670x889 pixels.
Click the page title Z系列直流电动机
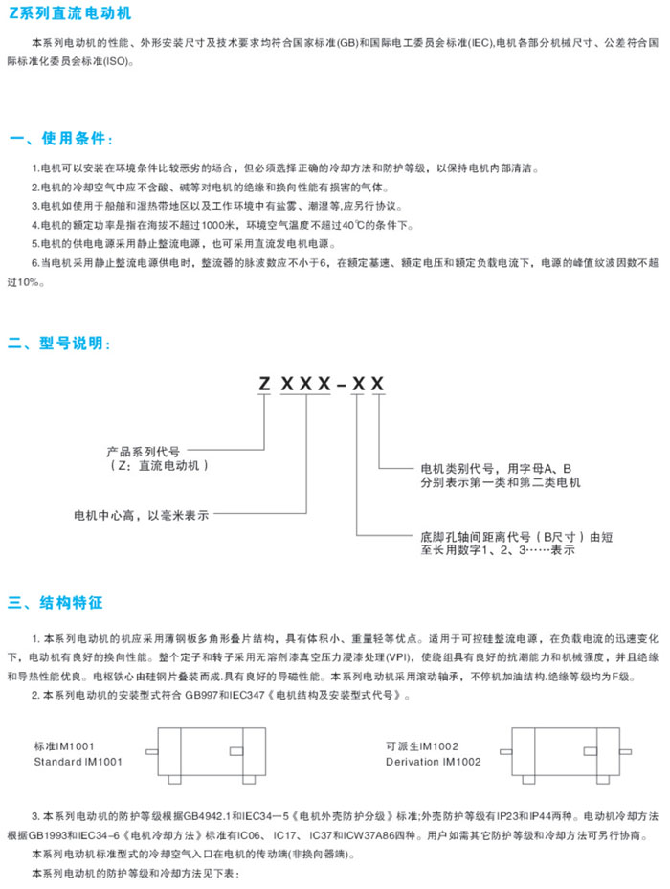point(70,12)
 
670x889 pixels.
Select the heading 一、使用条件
point(61,139)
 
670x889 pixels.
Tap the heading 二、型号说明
point(59,343)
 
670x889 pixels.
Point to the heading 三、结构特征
point(56,602)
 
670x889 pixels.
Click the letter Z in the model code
point(264,384)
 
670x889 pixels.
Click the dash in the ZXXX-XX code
point(341,386)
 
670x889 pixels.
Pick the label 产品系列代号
point(143,452)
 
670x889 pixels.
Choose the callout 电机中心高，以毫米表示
point(142,516)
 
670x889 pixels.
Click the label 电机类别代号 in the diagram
point(458,469)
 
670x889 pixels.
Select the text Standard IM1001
point(78,762)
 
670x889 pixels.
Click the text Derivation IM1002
point(434,762)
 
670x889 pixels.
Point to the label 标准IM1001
point(64,746)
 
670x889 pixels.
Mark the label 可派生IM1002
point(422,746)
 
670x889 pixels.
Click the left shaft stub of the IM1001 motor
point(152,752)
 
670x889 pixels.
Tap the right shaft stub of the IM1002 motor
point(625,752)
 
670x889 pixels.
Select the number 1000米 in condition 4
point(218,225)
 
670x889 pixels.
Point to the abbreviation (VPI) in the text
point(398,657)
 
